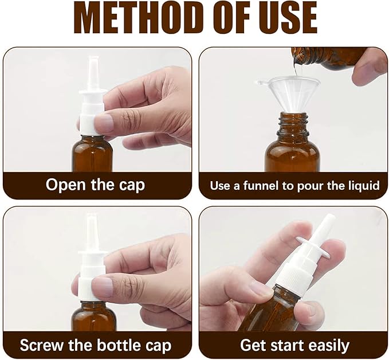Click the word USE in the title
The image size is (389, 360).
(x=283, y=18)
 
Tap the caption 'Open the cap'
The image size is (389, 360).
(x=95, y=185)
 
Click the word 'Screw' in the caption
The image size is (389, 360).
(x=42, y=346)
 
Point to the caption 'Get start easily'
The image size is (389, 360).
(x=294, y=346)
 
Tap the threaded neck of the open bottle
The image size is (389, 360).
(x=291, y=123)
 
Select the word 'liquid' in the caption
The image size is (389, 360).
(x=362, y=185)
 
